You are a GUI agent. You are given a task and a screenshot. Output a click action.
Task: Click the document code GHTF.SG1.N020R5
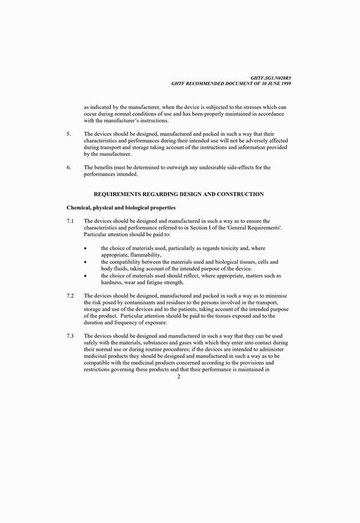(x=271, y=78)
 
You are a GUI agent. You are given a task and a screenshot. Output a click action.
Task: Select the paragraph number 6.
(x=69, y=167)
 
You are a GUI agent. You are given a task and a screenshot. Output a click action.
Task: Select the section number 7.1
(x=71, y=221)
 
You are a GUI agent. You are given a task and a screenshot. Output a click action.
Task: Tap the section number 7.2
(x=71, y=295)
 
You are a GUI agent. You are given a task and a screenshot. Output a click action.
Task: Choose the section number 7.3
(x=71, y=336)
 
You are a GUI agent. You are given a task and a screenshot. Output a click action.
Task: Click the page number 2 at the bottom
(x=178, y=377)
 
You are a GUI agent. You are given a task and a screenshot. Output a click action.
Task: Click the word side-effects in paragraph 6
(x=247, y=167)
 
